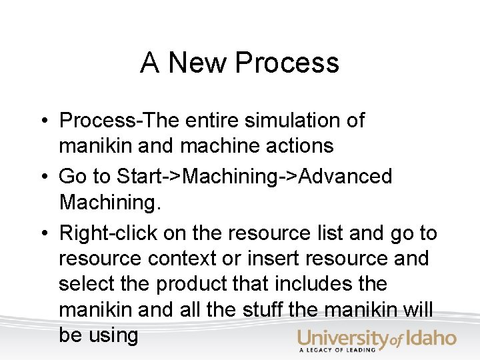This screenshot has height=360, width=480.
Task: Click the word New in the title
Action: pyautogui.click(x=198, y=63)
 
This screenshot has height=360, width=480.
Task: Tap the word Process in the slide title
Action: pyautogui.click(x=287, y=63)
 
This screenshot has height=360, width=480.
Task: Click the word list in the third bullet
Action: pyautogui.click(x=321, y=233)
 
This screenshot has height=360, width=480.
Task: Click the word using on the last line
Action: pyautogui.click(x=113, y=335)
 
